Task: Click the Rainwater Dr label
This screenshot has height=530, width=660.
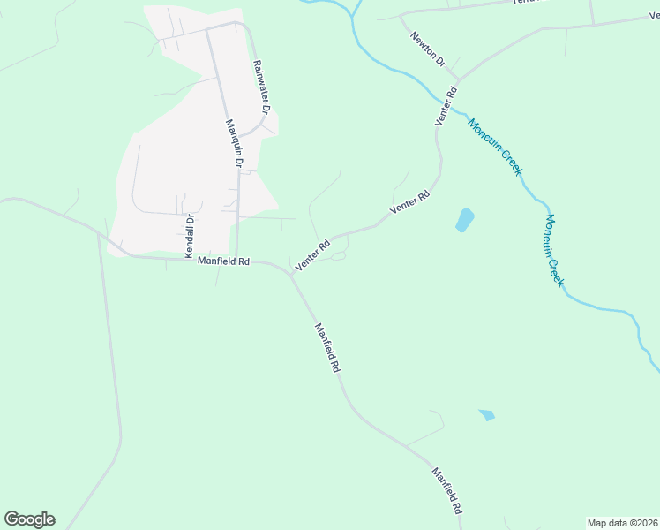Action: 259,87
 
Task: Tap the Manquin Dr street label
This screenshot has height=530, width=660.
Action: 234,144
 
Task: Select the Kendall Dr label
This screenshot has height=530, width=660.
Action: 189,235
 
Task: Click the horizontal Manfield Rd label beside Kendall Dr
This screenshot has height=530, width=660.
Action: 224,261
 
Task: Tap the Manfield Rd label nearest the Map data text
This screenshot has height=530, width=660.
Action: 446,491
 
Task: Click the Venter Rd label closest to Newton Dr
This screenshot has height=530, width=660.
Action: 446,104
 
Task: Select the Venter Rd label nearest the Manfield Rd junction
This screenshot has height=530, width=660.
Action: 312,254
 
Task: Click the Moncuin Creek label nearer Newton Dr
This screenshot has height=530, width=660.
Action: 496,147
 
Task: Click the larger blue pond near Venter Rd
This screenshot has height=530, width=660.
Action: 464,220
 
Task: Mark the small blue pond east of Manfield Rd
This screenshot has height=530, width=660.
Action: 486,414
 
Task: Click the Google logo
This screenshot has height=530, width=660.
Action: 29,519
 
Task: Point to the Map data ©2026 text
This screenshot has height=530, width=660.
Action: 622,523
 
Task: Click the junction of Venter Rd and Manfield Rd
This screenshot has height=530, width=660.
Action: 291,274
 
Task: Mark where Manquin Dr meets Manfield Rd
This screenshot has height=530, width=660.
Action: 236,260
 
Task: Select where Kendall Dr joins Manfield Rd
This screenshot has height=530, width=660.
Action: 187,260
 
